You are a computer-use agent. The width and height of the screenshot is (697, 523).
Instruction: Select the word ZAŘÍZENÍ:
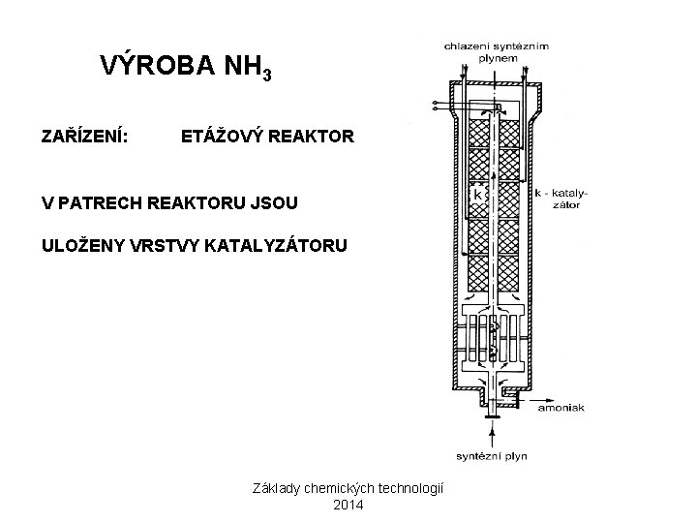coord(81,137)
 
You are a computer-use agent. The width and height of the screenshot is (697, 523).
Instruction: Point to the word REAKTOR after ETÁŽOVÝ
coord(316,137)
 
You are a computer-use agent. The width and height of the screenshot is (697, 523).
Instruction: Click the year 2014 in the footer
coord(348,505)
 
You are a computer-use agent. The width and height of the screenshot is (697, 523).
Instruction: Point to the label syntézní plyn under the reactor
coord(492,455)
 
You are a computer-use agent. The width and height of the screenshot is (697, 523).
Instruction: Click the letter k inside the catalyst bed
coord(477,194)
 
